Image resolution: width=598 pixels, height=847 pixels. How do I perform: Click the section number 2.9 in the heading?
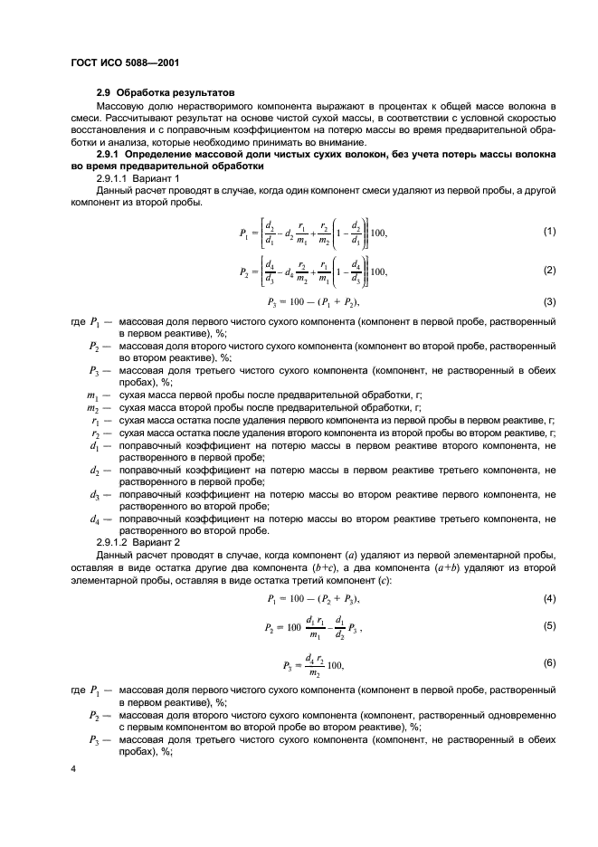tap(105, 92)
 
